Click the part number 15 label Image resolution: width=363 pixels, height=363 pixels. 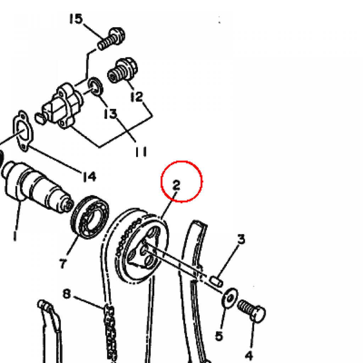click(x=76, y=19)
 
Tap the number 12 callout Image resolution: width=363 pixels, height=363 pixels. click(x=137, y=96)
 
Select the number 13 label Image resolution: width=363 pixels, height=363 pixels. click(x=111, y=113)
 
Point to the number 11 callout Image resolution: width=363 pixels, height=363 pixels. click(x=141, y=152)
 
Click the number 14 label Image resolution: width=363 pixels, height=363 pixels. click(x=90, y=177)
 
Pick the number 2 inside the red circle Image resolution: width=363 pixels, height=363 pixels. click(x=177, y=185)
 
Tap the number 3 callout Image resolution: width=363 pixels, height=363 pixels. click(x=241, y=239)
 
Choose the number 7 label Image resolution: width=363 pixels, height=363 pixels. click(x=63, y=264)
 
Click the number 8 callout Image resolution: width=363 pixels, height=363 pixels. click(x=67, y=294)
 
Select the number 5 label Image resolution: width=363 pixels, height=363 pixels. click(x=219, y=336)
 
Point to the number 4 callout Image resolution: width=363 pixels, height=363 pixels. click(x=249, y=355)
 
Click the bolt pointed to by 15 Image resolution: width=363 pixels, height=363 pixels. click(x=111, y=39)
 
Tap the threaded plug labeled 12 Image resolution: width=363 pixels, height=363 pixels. click(x=122, y=70)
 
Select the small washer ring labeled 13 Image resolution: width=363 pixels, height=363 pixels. click(x=96, y=87)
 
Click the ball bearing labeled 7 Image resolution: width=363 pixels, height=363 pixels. click(x=90, y=217)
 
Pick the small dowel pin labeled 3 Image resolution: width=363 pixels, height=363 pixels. click(x=216, y=281)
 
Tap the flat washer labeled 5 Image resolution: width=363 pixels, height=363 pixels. click(x=230, y=298)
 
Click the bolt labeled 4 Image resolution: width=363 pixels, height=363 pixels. click(x=252, y=311)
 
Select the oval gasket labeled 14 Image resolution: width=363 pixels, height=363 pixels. click(x=23, y=131)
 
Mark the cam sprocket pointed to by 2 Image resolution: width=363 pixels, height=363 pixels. click(x=142, y=246)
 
